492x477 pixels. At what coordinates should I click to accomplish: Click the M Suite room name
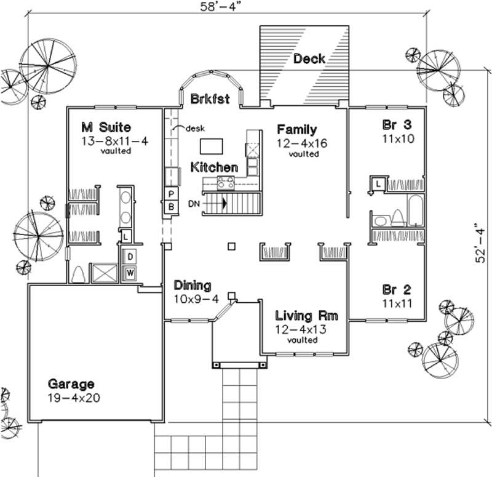point(106,128)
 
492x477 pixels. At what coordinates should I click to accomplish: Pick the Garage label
point(73,384)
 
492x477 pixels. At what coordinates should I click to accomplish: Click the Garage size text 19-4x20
point(74,398)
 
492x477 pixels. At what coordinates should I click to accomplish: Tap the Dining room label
point(192,286)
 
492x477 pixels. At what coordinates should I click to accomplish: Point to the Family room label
point(296,129)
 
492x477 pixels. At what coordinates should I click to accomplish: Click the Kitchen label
point(213,167)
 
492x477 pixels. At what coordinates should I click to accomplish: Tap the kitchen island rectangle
point(211,146)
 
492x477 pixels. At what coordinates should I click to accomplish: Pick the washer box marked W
point(131,272)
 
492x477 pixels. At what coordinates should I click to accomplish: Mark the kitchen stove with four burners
point(226,182)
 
